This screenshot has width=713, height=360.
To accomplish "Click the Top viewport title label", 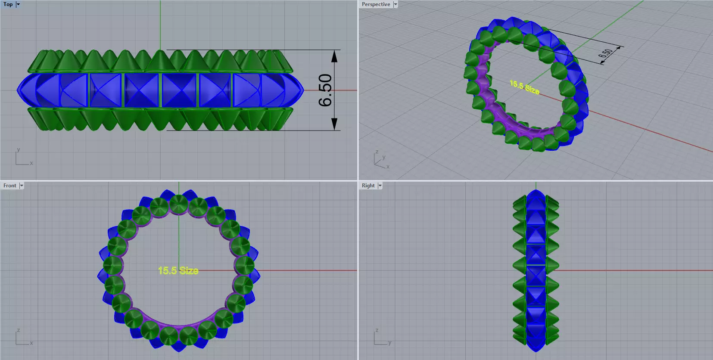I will pos(8,4).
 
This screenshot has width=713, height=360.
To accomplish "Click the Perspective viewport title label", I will pos(376,4).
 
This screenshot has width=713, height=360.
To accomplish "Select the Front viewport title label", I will pos(9,186).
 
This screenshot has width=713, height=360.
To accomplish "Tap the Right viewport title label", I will pos(368,186).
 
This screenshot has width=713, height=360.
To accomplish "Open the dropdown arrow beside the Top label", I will pos(18,4).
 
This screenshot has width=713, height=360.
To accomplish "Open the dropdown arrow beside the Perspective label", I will pos(395,4).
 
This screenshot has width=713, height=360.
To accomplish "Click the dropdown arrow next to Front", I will pos(22,186).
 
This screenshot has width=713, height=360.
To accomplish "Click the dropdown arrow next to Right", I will pos(380,186).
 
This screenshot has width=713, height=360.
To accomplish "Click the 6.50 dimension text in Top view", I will pos(325,90).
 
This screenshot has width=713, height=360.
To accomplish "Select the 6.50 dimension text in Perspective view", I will pos(606,54).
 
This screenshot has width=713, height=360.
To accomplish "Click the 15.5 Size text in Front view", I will pos(178,270).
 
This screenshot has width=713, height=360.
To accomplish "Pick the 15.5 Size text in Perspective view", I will pos(524,87).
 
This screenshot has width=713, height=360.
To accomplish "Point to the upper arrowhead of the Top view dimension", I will pos(335,56).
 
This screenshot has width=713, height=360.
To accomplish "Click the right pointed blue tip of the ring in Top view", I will pos(302,90).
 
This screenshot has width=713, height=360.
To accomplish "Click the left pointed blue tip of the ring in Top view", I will pos(19,90).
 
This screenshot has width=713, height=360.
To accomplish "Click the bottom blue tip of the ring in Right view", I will pos(536,349).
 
